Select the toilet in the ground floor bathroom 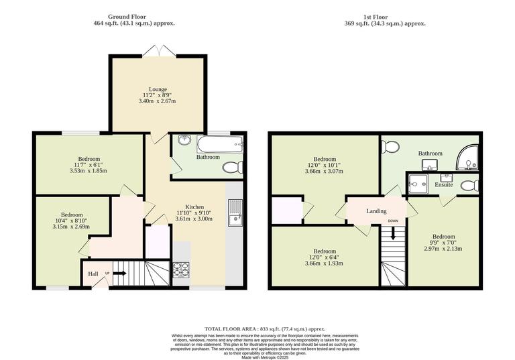(x=230, y=167)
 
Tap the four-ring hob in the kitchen (x=182, y=269)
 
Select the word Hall (x=93, y=274)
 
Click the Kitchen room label (x=194, y=207)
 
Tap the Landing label (x=376, y=211)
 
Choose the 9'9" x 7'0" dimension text (x=443, y=243)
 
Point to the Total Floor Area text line (x=265, y=328)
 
